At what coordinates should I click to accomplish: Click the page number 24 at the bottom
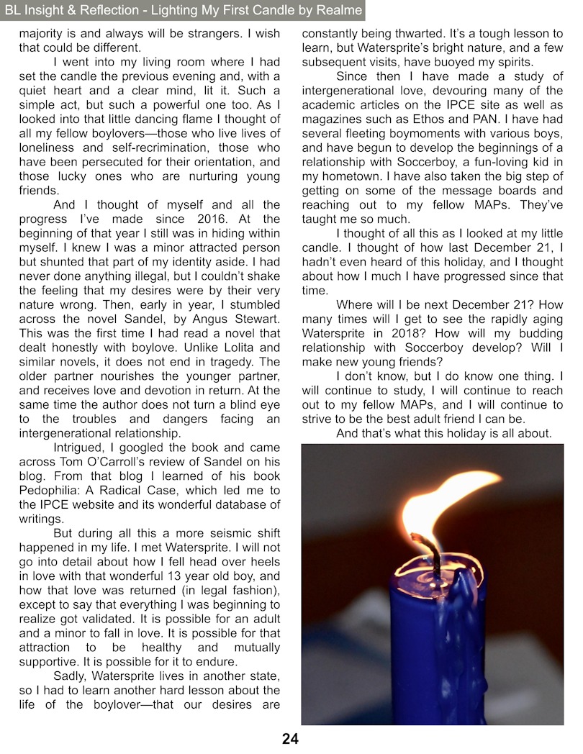[291, 739]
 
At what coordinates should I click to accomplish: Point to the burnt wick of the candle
[422, 550]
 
